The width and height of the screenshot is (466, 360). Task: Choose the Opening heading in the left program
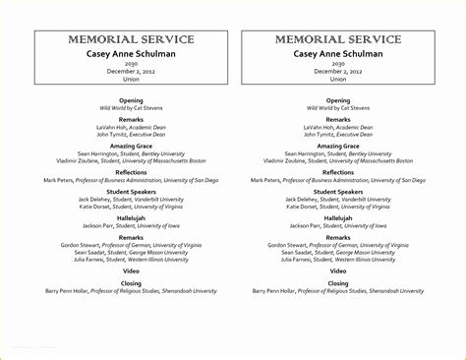(131, 99)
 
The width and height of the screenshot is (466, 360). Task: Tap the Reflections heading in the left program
(131, 171)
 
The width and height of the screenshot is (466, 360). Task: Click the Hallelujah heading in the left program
(131, 217)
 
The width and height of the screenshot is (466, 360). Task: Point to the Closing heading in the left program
(131, 282)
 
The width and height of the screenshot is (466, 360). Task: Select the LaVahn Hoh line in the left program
(131, 127)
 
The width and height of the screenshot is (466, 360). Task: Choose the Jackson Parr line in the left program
(131, 225)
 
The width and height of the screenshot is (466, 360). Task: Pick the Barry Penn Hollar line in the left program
(131, 291)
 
